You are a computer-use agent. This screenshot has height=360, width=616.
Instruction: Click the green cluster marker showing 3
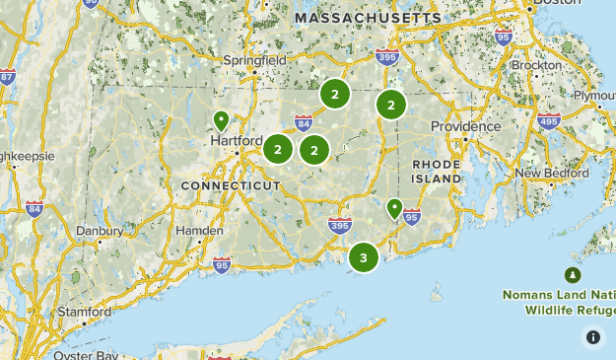pyautogui.click(x=364, y=258)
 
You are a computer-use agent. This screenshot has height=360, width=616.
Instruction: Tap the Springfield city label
pyautogui.click(x=255, y=60)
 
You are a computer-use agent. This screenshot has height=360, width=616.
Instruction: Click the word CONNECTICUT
pyautogui.click(x=231, y=185)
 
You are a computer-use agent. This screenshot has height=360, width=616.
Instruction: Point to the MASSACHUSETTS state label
pyautogui.click(x=369, y=19)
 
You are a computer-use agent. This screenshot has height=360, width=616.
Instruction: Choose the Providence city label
pyautogui.click(x=465, y=126)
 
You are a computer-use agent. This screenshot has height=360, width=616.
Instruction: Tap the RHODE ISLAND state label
pyautogui.click(x=437, y=171)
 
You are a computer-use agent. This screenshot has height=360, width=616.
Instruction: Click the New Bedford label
pyautogui.click(x=552, y=173)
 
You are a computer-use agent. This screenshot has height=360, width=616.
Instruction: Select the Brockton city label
pyautogui.click(x=537, y=64)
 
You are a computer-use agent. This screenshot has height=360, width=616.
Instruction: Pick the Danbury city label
pyautogui.click(x=99, y=231)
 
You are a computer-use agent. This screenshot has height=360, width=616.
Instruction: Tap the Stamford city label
pyautogui.click(x=83, y=311)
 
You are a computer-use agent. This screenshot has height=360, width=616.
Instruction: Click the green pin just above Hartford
pyautogui.click(x=222, y=120)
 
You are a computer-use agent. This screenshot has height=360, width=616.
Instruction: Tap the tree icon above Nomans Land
pyautogui.click(x=572, y=274)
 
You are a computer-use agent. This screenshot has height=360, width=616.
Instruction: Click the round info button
pyautogui.click(x=592, y=336)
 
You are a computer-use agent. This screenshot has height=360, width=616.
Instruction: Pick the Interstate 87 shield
pyautogui.click(x=7, y=77)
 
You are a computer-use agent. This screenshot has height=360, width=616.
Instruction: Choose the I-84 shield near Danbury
pyautogui.click(x=34, y=208)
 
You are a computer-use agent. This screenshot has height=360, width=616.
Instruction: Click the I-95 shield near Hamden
pyautogui.click(x=222, y=263)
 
